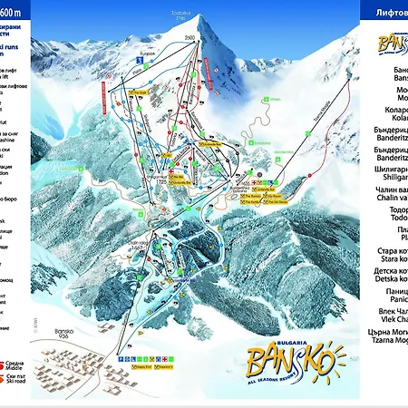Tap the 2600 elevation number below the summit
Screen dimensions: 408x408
pos(189,37)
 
